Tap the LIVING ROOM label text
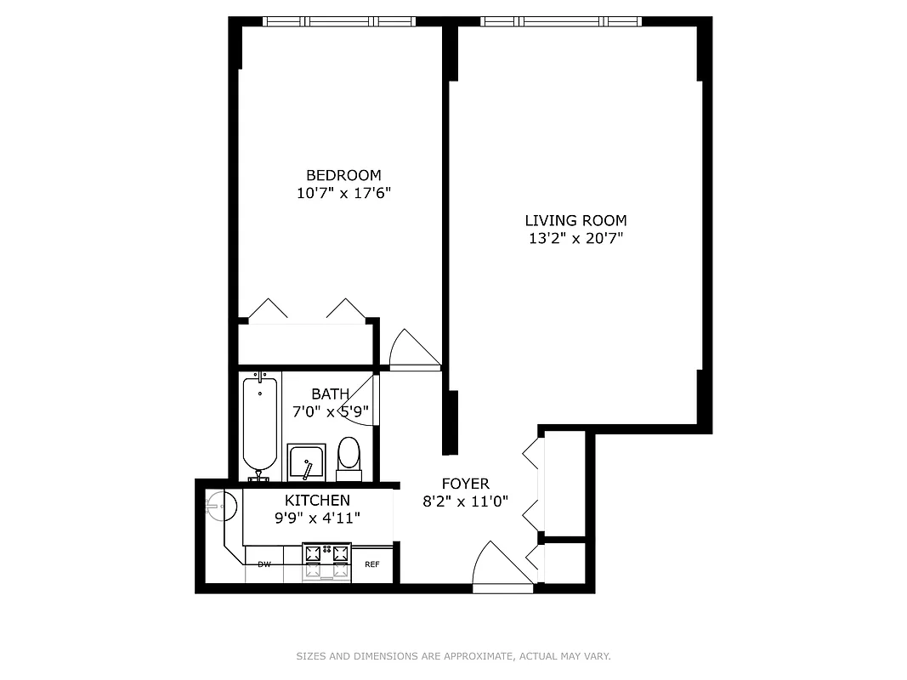tap(575, 221)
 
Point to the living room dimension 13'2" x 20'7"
tap(575, 239)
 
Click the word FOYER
tap(465, 484)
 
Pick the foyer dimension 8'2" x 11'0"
tap(465, 501)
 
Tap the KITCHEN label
tap(317, 501)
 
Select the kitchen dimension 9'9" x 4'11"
tap(317, 518)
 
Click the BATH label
tap(330, 394)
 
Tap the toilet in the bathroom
tap(349, 456)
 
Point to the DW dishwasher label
tap(264, 564)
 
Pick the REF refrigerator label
tap(372, 564)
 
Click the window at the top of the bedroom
tap(338, 21)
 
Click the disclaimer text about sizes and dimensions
tap(453, 656)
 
